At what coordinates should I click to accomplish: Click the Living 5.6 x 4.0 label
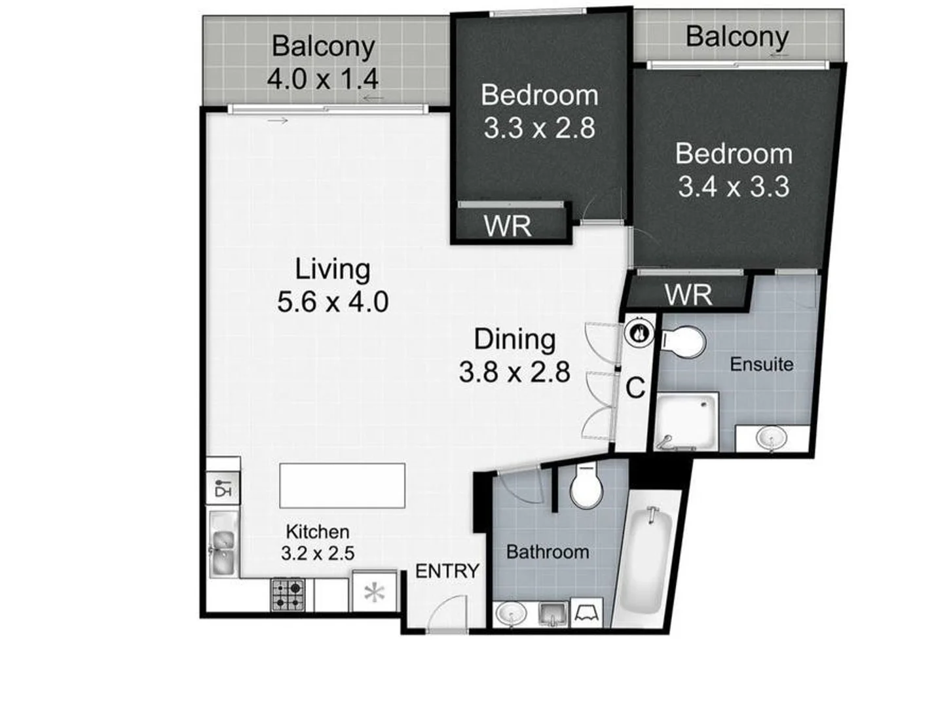332,285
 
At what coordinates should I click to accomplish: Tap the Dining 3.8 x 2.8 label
514,355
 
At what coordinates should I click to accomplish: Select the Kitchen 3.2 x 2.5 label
318,542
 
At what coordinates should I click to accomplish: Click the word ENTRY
447,571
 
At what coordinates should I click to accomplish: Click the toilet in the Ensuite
683,342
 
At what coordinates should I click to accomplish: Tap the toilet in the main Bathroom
585,487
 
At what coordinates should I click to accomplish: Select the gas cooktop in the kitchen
288,594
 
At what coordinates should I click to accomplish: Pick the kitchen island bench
342,485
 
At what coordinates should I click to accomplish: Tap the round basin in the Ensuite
771,437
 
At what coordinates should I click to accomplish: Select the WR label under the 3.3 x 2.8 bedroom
507,227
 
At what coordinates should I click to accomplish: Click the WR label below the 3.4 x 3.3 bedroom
688,295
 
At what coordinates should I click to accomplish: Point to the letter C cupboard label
635,388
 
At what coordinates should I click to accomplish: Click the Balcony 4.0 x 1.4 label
323,63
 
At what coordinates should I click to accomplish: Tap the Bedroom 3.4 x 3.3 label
733,170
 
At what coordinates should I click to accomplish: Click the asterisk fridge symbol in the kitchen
374,593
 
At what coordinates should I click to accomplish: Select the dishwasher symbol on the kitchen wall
223,489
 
